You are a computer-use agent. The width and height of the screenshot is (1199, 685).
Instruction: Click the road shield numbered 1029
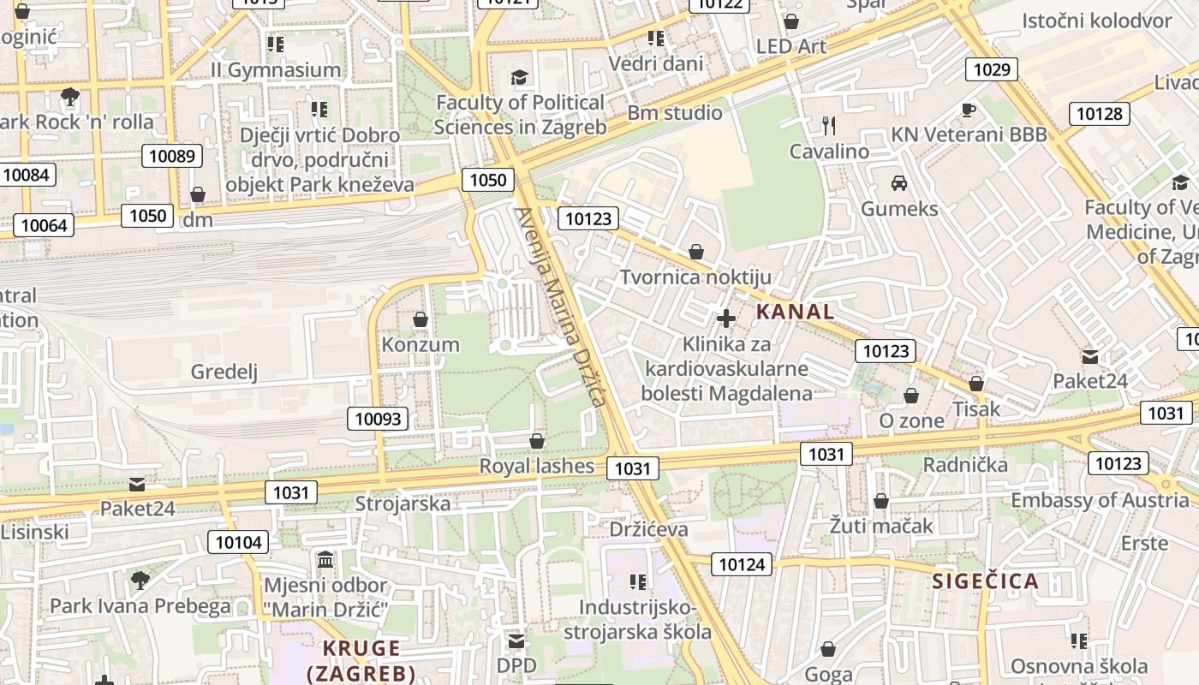tap(992, 69)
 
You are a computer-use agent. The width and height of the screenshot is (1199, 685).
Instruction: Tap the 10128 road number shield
tap(1099, 113)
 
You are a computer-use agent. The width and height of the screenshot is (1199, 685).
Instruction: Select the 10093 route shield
tap(378, 419)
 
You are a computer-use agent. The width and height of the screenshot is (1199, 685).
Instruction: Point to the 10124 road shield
tap(742, 564)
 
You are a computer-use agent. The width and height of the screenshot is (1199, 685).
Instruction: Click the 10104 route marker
tap(239, 542)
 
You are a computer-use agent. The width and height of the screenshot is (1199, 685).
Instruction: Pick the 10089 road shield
tap(171, 156)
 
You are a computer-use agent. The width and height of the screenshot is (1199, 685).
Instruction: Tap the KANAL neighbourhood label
tap(795, 312)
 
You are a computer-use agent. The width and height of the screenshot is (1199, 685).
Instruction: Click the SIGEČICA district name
tap(985, 581)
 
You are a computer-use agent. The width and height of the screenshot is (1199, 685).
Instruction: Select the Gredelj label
tap(224, 372)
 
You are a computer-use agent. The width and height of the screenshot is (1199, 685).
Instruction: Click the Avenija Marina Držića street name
tap(560, 307)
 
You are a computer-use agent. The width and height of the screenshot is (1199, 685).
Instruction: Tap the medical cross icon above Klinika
tap(726, 319)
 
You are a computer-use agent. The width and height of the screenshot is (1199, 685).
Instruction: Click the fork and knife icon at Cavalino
tap(828, 126)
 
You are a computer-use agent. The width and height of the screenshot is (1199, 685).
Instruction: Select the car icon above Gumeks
tap(898, 182)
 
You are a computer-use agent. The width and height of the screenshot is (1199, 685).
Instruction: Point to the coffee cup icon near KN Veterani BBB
tap(968, 110)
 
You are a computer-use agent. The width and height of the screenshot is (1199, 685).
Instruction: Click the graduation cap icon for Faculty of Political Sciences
tap(519, 78)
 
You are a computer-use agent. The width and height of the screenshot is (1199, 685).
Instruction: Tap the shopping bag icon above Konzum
tap(420, 319)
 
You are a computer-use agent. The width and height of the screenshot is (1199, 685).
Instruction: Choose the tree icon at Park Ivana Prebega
tap(140, 581)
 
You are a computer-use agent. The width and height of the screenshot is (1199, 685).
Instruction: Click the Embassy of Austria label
tap(1100, 500)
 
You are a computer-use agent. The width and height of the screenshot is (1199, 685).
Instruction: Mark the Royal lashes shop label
tap(536, 466)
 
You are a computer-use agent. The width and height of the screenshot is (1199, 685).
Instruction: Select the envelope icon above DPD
tap(516, 641)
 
